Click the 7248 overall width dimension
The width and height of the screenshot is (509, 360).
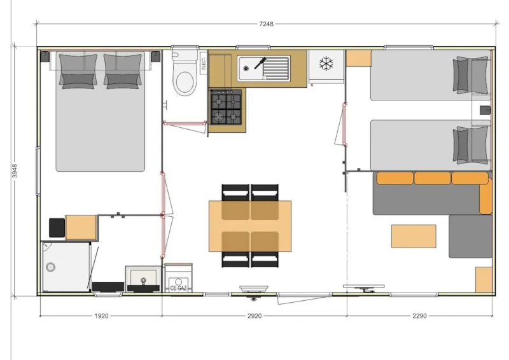(x=265, y=24)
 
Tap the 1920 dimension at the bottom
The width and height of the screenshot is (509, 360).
(x=101, y=315)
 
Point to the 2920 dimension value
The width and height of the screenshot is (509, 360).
(x=254, y=315)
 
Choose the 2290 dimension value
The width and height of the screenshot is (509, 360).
(x=419, y=315)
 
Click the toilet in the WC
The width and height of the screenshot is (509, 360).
(x=185, y=76)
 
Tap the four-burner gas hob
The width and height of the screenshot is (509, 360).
(x=227, y=106)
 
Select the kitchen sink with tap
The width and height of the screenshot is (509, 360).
(x=263, y=68)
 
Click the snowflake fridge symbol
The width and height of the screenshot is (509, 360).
(x=326, y=64)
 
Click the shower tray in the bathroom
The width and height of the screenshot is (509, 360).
(x=66, y=267)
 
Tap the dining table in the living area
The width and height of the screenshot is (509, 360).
(x=250, y=225)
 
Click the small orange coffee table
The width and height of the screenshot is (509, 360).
(x=414, y=236)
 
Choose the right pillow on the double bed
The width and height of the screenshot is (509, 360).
(x=123, y=70)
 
